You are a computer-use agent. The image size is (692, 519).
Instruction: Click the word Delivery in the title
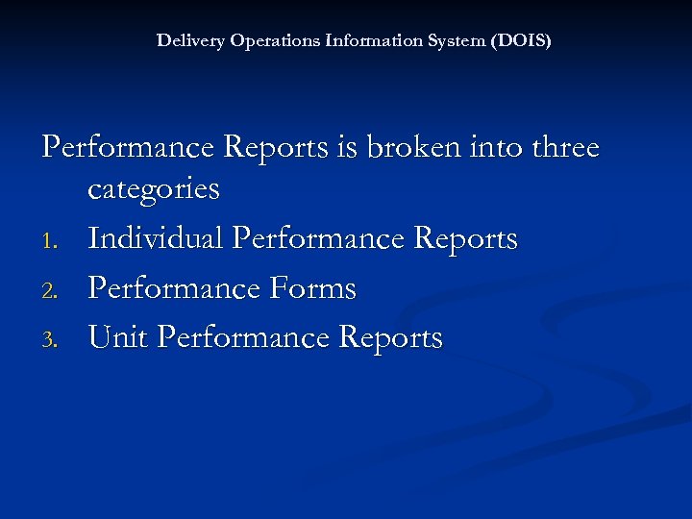tap(185, 41)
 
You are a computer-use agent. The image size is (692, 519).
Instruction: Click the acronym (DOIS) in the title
tap(521, 41)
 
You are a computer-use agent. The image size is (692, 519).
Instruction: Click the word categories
tap(154, 189)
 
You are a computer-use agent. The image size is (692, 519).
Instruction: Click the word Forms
tap(312, 288)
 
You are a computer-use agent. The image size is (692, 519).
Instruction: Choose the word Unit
tap(117, 338)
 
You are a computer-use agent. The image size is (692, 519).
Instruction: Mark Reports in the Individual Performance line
tap(463, 239)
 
